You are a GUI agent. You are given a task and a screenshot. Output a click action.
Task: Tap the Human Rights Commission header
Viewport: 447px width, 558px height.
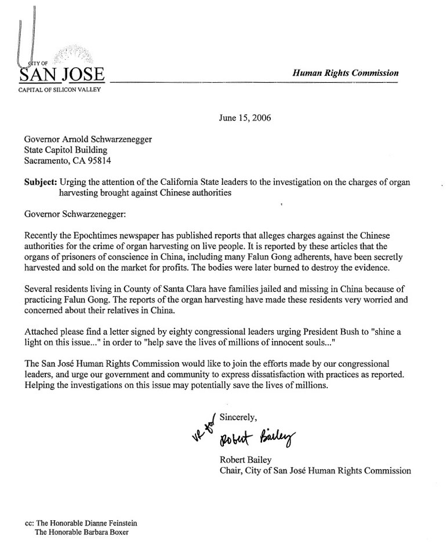346,73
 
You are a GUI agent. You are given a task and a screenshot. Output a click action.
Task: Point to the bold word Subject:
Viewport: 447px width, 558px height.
41,182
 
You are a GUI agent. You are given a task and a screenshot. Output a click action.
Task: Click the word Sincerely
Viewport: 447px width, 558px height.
242,416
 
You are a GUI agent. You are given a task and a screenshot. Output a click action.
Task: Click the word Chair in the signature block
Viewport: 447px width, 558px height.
231,471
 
